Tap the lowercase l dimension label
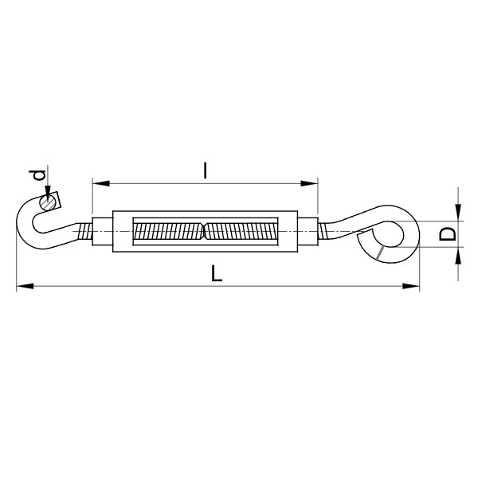click(x=206, y=170)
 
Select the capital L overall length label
click(x=216, y=273)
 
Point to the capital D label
click(x=449, y=233)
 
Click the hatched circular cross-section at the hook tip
click(x=50, y=203)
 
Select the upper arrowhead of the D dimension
click(x=458, y=213)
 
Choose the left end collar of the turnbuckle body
click(x=103, y=233)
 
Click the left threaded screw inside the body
click(x=167, y=233)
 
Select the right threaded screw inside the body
click(x=243, y=233)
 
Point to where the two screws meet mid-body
click(x=206, y=233)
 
